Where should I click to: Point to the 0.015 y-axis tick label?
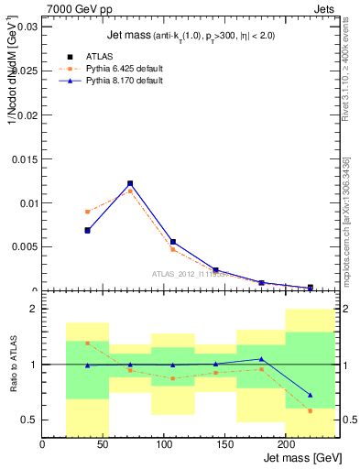pyautogui.click(x=24, y=159)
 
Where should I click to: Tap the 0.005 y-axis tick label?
pyautogui.click(x=24, y=247)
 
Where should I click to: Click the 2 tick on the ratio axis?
pyautogui.click(x=34, y=310)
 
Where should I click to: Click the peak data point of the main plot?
pyautogui.click(x=130, y=183)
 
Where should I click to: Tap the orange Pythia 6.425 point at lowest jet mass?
pyautogui.click(x=87, y=212)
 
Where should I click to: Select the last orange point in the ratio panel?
pyautogui.click(x=311, y=410)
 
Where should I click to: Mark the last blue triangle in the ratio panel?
pyautogui.click(x=311, y=395)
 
